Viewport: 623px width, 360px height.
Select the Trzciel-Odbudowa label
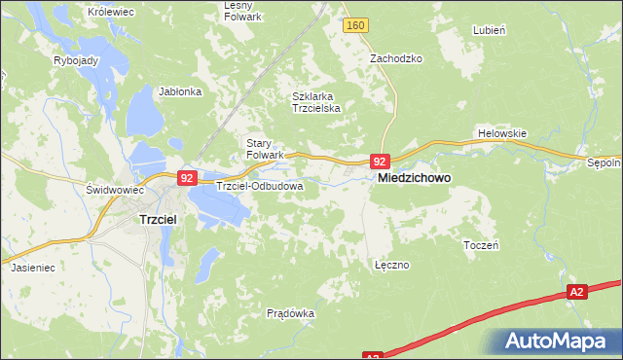coord(260,185)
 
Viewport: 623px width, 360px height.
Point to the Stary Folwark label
coord(264,148)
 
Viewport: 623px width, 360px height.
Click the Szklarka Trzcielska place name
coord(316,102)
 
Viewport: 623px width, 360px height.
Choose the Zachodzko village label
coord(395,58)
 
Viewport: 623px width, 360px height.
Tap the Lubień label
coord(489,30)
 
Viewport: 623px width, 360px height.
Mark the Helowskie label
coord(502,132)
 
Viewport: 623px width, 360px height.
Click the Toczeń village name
coord(481,245)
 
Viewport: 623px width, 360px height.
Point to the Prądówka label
coord(290,313)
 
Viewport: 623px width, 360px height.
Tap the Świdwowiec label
coord(108,189)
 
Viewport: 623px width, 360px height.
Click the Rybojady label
coord(75,59)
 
